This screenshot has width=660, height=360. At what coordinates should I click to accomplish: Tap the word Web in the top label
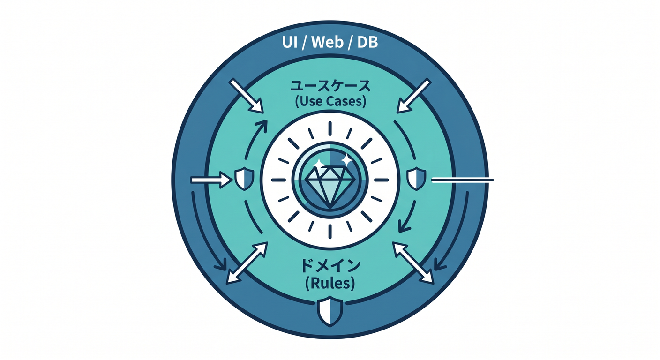coord(327,43)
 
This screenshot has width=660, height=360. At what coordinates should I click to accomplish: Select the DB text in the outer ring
coord(367,43)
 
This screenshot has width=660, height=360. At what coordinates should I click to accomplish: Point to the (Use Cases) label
coord(330,101)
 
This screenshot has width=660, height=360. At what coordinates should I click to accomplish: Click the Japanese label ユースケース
coord(330,86)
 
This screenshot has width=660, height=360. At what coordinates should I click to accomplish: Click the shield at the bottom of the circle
coord(330,311)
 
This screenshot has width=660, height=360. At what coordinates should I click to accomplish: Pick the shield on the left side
coord(244,179)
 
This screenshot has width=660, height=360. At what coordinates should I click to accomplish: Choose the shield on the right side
coord(416,179)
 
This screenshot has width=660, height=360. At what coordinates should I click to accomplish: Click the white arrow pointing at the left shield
coord(211,180)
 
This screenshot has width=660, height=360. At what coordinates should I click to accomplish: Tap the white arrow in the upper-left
coord(246,96)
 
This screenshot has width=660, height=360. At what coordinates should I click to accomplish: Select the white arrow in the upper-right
coord(414,96)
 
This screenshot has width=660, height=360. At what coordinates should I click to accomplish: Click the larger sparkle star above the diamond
coord(346,160)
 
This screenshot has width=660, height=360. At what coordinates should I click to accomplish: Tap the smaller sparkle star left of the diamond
coord(318,163)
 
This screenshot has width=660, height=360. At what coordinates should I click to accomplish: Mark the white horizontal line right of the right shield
coord(462,180)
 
